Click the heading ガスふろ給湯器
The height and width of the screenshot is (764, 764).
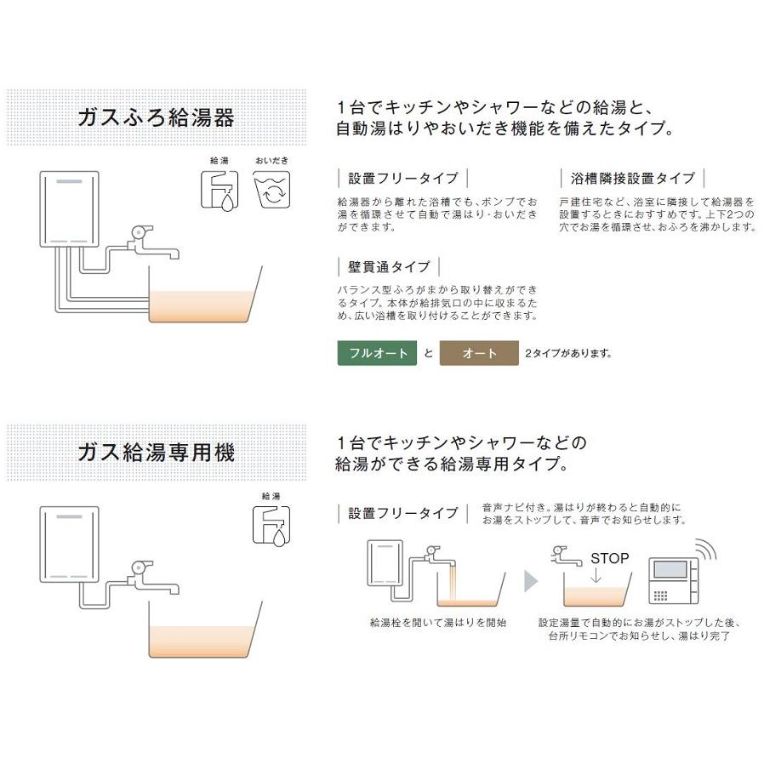pos(155,117)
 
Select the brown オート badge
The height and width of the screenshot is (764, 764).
pos(479,352)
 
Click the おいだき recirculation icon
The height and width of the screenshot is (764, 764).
pos(271,191)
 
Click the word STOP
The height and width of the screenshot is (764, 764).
pos(609,559)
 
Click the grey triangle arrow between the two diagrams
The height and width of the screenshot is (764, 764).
pos(529,581)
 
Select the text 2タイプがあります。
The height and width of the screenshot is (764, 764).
pos(568,353)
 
